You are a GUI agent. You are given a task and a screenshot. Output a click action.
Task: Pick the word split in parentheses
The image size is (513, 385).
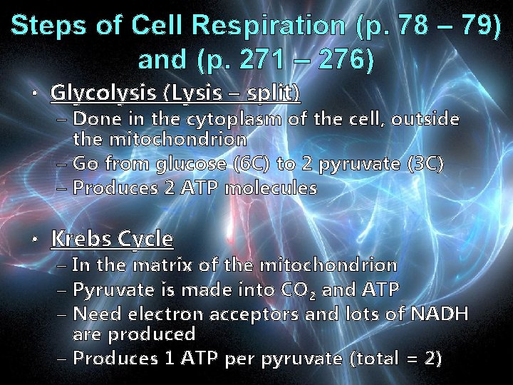tap(274, 93)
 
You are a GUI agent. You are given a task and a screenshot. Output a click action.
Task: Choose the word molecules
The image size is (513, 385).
tap(271, 189)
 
